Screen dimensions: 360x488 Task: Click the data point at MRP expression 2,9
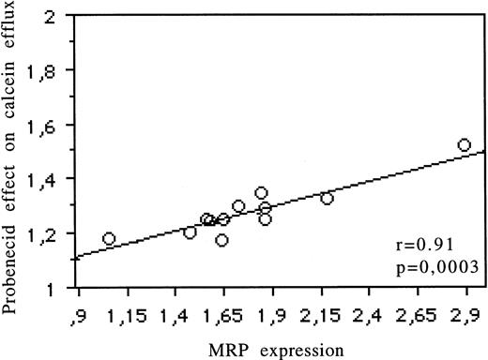464,145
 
